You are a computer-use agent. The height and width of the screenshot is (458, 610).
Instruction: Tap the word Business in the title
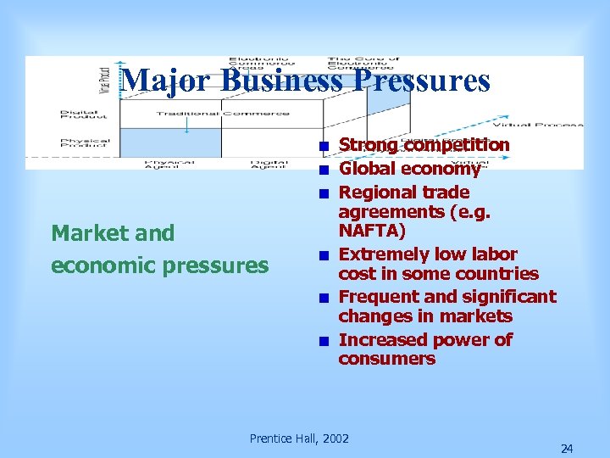tap(281, 81)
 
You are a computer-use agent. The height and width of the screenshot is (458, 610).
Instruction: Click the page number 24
tap(567, 449)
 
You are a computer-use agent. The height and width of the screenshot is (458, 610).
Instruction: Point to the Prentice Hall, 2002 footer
tap(299, 438)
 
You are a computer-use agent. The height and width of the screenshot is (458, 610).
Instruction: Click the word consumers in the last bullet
tap(386, 359)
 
